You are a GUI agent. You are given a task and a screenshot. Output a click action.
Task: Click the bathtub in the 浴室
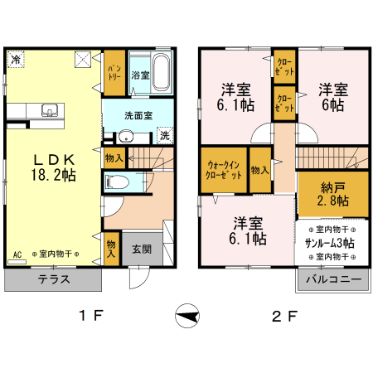[x=161, y=72]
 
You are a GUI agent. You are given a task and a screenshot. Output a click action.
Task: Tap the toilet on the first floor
[x=117, y=182]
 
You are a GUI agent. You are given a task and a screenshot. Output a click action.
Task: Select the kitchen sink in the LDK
[x=50, y=110]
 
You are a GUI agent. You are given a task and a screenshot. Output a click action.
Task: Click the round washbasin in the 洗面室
[x=126, y=137]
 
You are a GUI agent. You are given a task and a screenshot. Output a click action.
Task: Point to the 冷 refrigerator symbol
[x=16, y=59]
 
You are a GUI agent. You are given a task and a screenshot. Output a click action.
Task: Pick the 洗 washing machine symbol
[x=165, y=135]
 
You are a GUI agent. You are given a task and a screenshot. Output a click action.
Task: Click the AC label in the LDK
[x=17, y=254]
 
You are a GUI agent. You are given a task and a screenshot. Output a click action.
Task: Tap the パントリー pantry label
[x=114, y=73]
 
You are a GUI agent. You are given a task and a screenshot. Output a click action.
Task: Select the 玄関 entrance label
[x=142, y=249]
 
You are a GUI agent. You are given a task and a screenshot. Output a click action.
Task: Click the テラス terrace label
[x=54, y=279]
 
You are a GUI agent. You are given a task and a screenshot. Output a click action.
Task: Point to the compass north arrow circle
[x=187, y=316]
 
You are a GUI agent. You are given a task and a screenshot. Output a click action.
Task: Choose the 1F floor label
[x=91, y=316]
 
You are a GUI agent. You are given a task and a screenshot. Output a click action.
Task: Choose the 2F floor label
[x=284, y=316]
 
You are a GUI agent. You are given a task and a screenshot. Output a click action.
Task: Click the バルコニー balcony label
[x=334, y=279]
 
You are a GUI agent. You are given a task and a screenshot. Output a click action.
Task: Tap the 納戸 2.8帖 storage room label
[x=333, y=194]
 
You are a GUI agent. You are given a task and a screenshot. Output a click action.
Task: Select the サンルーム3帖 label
[x=330, y=243]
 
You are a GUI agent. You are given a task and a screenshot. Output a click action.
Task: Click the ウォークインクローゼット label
[x=223, y=170]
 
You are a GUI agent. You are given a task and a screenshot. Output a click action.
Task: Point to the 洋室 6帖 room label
[x=333, y=97]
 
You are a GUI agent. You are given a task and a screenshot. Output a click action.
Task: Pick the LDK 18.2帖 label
[x=54, y=167]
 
